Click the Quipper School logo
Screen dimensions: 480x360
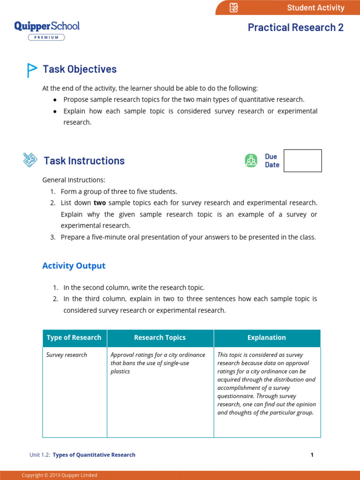coord(47,26)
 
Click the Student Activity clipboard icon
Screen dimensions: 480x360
coord(234,7)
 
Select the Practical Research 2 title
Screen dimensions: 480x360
coord(295,27)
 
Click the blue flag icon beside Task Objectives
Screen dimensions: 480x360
coord(31,70)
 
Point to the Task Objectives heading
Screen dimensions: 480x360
coord(80,69)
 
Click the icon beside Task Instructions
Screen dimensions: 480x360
coord(30,160)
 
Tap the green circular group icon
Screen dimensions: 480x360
coord(251,160)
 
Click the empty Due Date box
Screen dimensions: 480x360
coord(303,161)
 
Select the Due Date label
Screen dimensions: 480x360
coord(272,161)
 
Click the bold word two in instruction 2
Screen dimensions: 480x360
coord(99,203)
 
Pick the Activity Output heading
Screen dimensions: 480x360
coord(74,266)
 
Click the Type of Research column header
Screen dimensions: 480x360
coord(74,337)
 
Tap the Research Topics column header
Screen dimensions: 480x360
coord(160,337)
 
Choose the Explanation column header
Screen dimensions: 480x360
coord(267,337)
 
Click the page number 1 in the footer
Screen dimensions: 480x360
coord(312,455)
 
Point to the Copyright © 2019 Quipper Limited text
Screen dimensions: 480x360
coord(60,475)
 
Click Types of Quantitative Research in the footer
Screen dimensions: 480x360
coord(94,455)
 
